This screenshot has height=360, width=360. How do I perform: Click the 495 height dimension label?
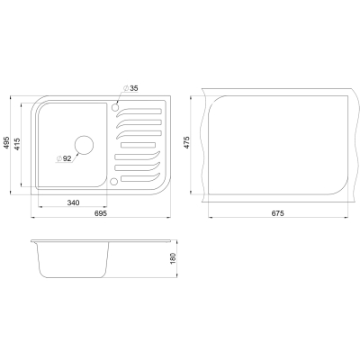click(6, 144)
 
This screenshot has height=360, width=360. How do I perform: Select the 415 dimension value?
click(17, 144)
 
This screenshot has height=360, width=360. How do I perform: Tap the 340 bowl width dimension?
click(73, 202)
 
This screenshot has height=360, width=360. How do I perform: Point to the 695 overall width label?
click(101, 213)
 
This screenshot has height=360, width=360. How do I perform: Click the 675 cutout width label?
click(278, 213)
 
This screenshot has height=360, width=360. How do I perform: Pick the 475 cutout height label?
click(186, 143)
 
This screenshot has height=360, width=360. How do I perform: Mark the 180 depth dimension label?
click(173, 258)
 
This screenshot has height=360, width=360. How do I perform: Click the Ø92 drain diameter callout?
click(64, 158)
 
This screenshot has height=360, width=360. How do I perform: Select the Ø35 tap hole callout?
click(130, 88)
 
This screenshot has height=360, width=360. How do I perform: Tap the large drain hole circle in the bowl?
click(84, 145)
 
